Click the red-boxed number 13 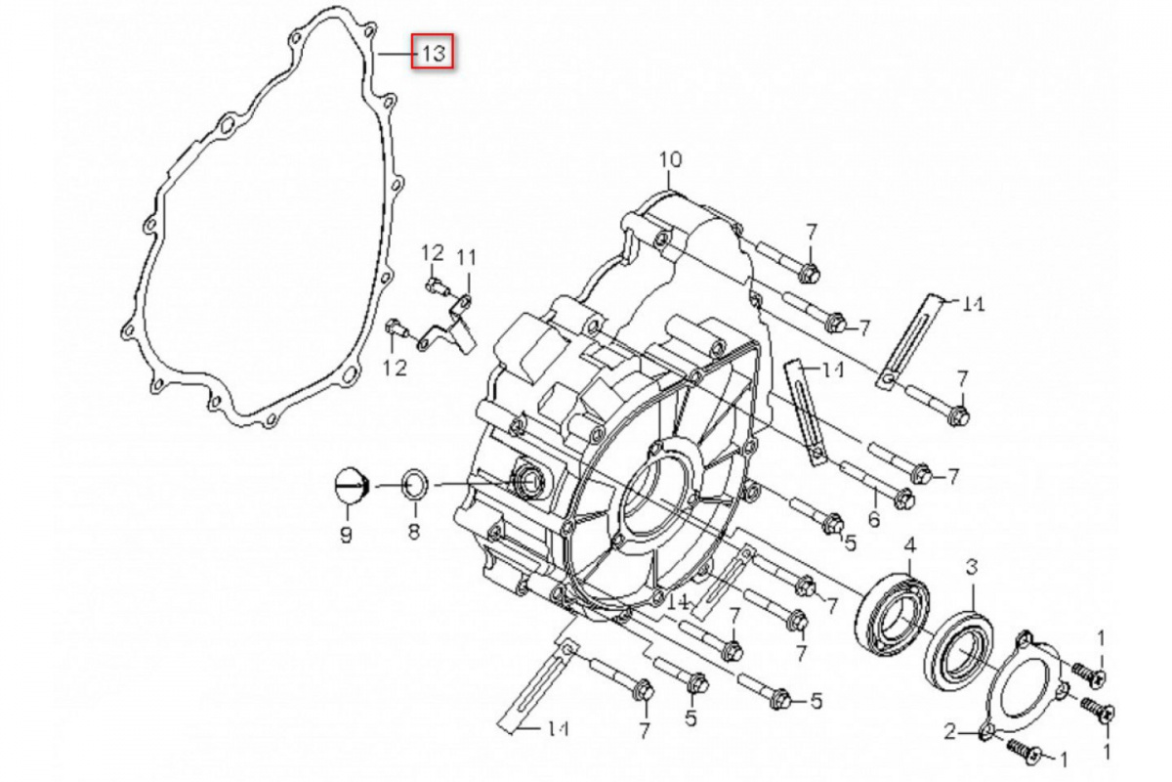(x=433, y=52)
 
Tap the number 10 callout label (x=670, y=159)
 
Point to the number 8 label (x=414, y=532)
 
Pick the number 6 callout (x=873, y=518)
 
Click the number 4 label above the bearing (x=909, y=545)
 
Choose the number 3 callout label (x=972, y=566)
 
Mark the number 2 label (x=949, y=731)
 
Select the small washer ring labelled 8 (x=415, y=484)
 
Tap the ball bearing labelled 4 (x=894, y=611)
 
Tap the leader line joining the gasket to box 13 (x=395, y=53)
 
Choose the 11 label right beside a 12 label (x=466, y=257)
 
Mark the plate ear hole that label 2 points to (x=986, y=731)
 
